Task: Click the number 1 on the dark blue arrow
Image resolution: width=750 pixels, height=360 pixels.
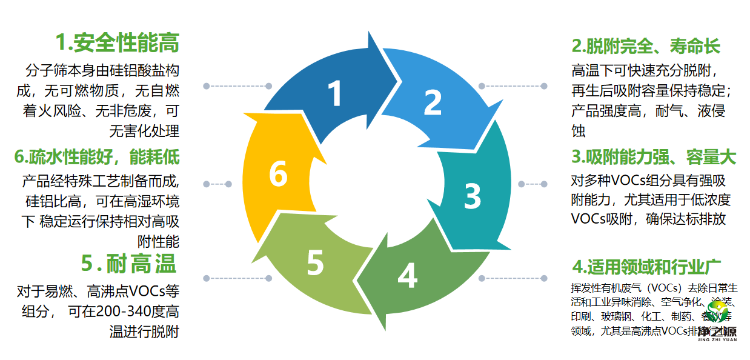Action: click(334, 95)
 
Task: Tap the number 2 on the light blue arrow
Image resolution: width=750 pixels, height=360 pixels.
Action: click(432, 102)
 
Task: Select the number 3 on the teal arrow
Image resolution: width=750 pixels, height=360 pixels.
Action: click(473, 195)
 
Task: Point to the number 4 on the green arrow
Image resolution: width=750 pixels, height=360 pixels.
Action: click(407, 276)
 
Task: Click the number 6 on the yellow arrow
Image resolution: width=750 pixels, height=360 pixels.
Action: click(278, 175)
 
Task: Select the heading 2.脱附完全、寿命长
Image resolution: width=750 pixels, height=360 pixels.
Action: click(646, 46)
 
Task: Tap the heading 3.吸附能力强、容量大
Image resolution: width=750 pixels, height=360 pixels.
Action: click(654, 157)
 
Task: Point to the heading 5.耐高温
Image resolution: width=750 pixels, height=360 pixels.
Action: click(128, 264)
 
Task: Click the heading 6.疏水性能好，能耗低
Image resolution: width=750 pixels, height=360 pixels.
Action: click(97, 157)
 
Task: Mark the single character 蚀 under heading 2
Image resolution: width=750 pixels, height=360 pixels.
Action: click(579, 130)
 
